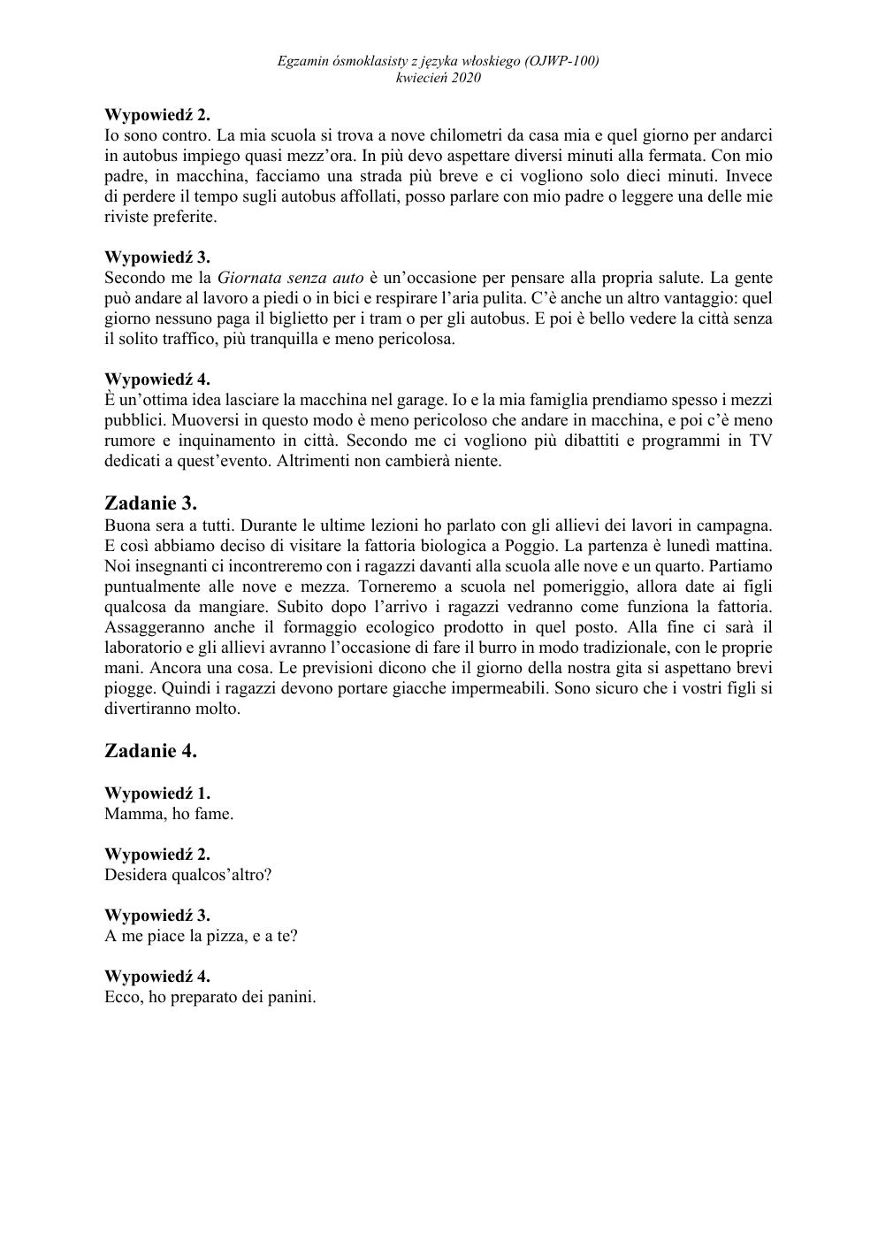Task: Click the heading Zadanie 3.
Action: click(150, 504)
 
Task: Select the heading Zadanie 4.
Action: click(150, 751)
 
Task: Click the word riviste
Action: click(128, 217)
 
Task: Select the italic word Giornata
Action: click(249, 278)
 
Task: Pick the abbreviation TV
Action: click(760, 441)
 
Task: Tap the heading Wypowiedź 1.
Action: click(157, 793)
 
